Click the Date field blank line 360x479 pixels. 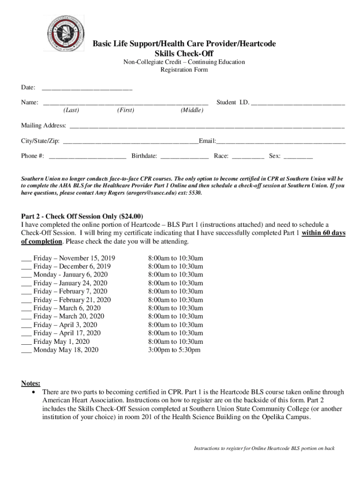87,88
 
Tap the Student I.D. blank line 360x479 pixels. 298,103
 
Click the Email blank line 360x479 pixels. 281,141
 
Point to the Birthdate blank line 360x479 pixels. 185,157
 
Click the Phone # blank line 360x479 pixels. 87,157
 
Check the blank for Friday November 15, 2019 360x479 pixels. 26,259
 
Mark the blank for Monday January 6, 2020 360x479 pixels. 26,275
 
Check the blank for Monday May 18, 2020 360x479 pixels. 26,350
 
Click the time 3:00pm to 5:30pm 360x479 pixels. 174,350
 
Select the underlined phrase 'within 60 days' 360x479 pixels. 324,233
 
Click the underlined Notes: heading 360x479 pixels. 30,384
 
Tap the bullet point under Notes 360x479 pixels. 33,392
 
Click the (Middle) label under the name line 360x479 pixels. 192,110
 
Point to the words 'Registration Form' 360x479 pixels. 184,70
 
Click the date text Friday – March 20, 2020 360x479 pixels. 69,317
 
